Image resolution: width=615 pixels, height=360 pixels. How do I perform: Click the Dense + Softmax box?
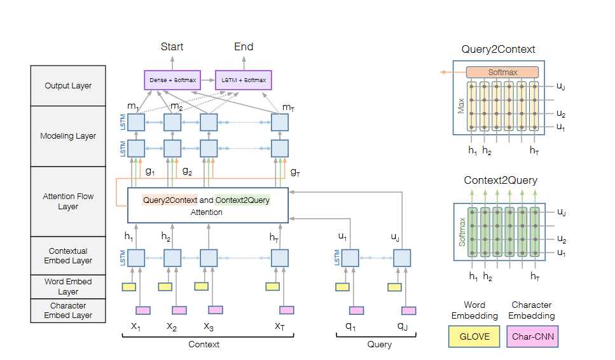tap(173, 80)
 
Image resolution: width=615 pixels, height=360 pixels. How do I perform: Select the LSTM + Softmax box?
tap(244, 80)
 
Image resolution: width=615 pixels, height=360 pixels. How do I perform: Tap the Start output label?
tap(172, 46)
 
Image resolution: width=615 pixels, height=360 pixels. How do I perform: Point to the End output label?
tap(244, 46)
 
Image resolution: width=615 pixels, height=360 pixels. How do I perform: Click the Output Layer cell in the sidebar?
tap(68, 86)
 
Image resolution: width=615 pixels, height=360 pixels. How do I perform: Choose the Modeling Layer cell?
tap(68, 136)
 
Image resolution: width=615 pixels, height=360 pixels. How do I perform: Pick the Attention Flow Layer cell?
tap(68, 202)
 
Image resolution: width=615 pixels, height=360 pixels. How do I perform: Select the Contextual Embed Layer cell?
tap(68, 256)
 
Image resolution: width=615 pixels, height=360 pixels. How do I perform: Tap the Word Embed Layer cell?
tap(68, 286)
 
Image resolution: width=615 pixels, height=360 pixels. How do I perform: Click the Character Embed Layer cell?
tap(68, 310)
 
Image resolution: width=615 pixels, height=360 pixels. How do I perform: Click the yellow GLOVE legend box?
tap(474, 336)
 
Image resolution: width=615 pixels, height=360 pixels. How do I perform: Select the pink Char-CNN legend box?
tap(532, 336)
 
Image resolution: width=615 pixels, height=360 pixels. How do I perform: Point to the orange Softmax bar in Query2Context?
tap(502, 73)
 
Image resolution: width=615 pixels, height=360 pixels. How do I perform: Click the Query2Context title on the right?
tap(498, 49)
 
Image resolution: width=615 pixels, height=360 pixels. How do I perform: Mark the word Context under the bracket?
tap(204, 344)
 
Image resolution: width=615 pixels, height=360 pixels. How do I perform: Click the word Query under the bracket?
tap(380, 344)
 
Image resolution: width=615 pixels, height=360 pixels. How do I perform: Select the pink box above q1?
tap(356, 310)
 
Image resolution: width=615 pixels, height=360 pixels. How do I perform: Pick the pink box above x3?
tap(216, 310)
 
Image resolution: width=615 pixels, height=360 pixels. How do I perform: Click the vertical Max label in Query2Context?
tap(460, 106)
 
